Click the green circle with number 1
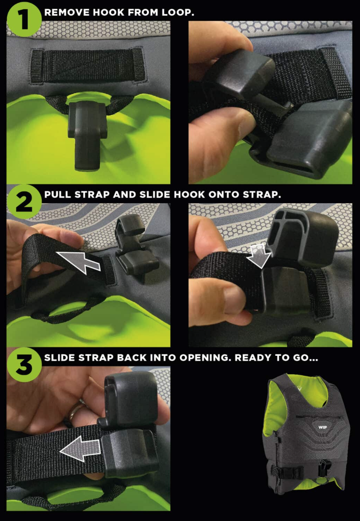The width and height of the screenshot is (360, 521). tap(24, 19)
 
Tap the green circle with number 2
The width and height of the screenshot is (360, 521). tap(24, 201)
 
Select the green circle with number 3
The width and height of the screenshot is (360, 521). tap(24, 365)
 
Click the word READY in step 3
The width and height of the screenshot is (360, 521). tap(251, 358)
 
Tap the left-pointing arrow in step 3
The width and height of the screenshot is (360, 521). tap(80, 448)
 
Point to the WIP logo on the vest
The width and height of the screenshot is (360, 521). tap(323, 427)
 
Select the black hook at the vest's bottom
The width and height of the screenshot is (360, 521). tap(322, 468)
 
